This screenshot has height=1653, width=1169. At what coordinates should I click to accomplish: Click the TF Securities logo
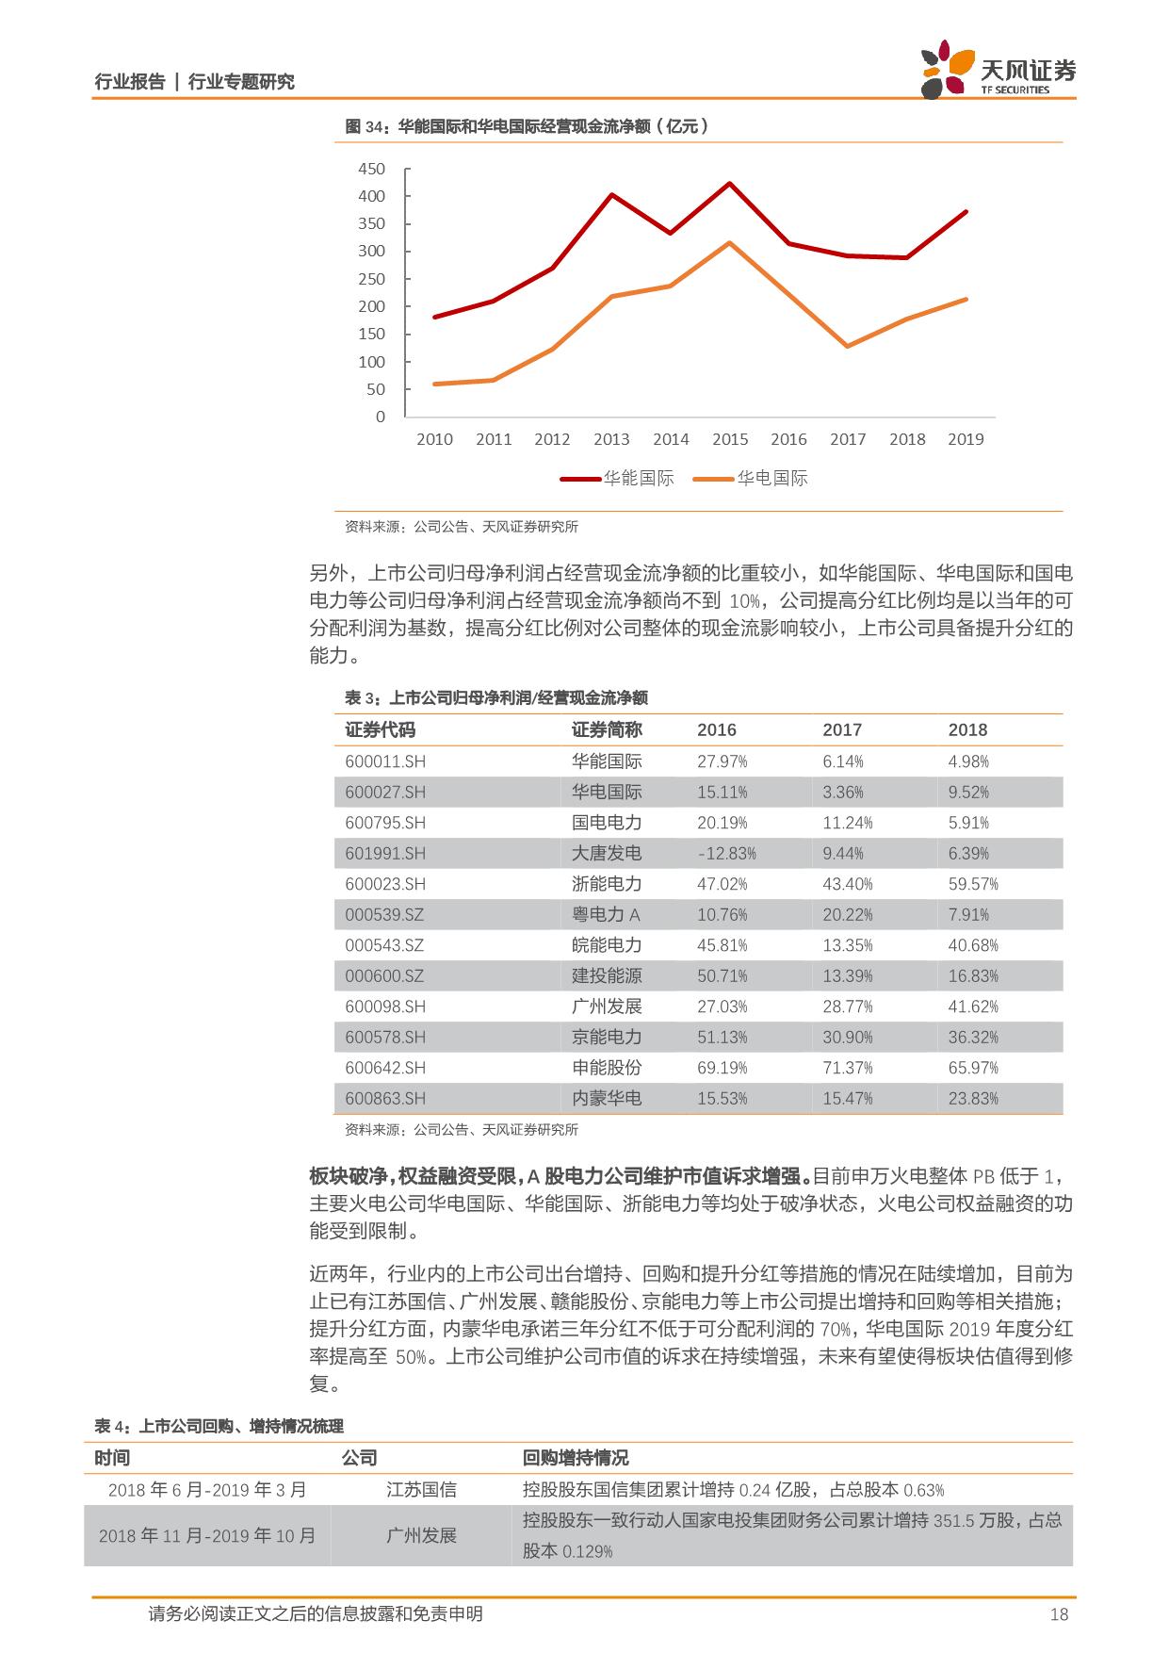[998, 69]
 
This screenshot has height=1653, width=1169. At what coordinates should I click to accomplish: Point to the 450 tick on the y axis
[371, 169]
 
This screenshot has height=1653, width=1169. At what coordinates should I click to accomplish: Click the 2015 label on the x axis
[729, 439]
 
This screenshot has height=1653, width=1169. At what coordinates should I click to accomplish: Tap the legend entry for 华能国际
[618, 478]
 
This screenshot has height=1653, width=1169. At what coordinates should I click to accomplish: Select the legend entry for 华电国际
[751, 478]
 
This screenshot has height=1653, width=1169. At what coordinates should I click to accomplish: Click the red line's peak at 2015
[730, 183]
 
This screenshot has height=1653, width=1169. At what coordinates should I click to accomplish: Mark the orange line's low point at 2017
[848, 347]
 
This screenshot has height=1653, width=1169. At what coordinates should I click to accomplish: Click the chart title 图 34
[527, 126]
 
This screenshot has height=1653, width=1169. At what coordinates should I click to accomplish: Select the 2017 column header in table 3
[842, 729]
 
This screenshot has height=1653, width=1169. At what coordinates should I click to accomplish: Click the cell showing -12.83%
[726, 854]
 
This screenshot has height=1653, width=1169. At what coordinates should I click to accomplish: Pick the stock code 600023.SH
[385, 884]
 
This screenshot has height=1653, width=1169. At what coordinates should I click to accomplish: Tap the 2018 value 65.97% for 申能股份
[973, 1068]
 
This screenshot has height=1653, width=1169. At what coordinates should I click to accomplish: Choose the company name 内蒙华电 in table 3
[607, 1098]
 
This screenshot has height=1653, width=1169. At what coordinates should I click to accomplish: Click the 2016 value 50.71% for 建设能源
[723, 975]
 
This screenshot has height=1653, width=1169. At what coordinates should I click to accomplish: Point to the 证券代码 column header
[381, 729]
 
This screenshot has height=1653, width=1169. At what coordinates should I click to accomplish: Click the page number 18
[1059, 1615]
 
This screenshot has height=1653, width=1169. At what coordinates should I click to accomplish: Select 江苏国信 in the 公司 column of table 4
[421, 1490]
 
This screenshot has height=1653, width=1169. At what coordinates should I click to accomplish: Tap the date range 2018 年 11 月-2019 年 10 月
[207, 1535]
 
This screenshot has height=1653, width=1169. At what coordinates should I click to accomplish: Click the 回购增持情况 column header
[576, 1458]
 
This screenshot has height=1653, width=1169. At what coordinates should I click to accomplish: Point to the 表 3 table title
[496, 698]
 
